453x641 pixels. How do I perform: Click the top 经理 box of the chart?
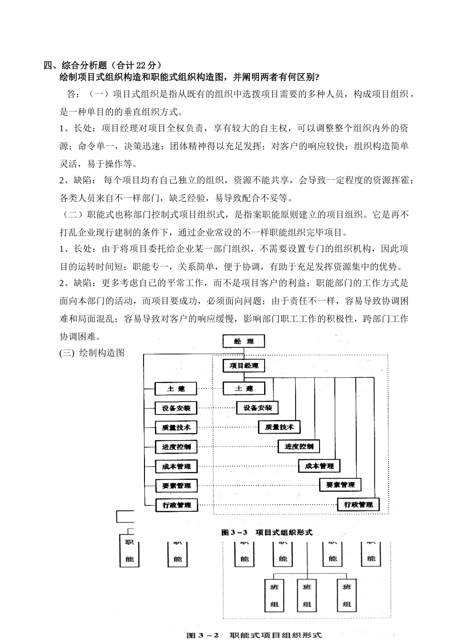click(244, 341)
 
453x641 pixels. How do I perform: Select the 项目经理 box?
click(244, 366)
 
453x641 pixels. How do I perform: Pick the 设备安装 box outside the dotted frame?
click(176, 408)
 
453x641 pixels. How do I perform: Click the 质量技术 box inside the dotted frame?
click(279, 427)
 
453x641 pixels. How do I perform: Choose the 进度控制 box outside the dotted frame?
click(176, 447)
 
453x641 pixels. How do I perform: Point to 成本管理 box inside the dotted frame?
click(319, 466)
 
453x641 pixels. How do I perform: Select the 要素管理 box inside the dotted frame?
click(340, 485)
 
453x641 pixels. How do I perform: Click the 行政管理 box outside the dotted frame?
click(176, 505)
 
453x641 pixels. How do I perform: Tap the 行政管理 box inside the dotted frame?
click(358, 505)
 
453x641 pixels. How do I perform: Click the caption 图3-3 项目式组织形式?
click(267, 532)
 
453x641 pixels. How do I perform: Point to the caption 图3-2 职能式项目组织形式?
click(254, 635)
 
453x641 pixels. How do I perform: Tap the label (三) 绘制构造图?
click(92, 353)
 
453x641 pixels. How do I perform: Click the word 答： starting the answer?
click(73, 94)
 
